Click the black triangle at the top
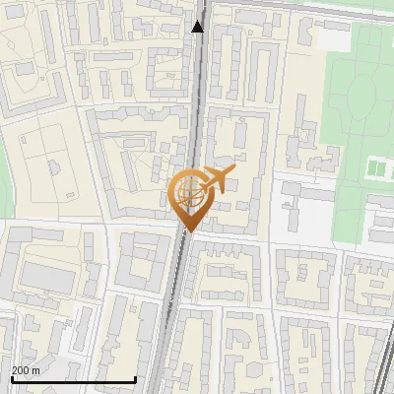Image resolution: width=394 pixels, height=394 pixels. [198, 26]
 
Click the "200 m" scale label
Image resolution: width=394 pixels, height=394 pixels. [27, 370]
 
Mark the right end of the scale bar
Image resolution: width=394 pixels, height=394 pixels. [135, 379]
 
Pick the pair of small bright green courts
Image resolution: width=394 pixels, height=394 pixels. [378, 168]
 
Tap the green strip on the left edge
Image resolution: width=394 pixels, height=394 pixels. [3, 187]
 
